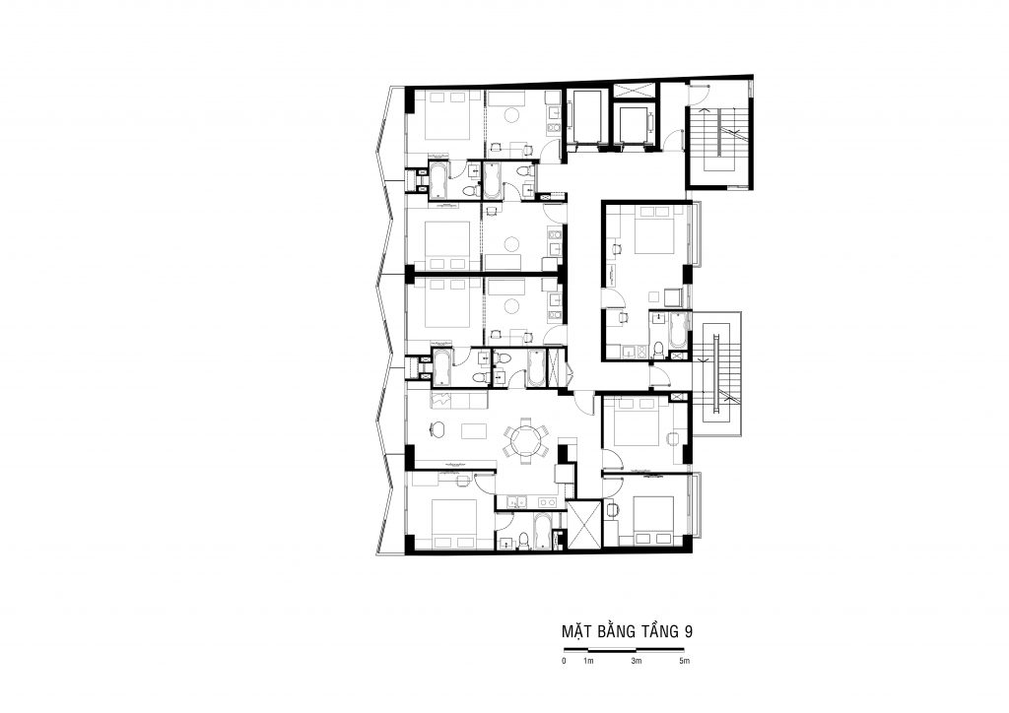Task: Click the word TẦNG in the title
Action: pyautogui.click(x=660, y=630)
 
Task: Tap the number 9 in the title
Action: pyautogui.click(x=689, y=631)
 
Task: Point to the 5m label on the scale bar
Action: pyautogui.click(x=684, y=661)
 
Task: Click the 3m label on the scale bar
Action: pyautogui.click(x=636, y=661)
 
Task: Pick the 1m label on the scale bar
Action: pyautogui.click(x=588, y=661)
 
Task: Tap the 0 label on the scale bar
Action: pyautogui.click(x=565, y=661)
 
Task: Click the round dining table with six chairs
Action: pyautogui.click(x=527, y=440)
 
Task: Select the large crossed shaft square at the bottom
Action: pyautogui.click(x=584, y=525)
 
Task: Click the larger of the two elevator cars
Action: pyautogui.click(x=587, y=119)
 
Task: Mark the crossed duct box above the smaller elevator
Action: pyautogui.click(x=635, y=92)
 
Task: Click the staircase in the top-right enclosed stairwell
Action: pyautogui.click(x=719, y=138)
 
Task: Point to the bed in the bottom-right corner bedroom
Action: pyautogui.click(x=654, y=519)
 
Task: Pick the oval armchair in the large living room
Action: pyautogui.click(x=437, y=427)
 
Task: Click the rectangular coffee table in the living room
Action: pyautogui.click(x=474, y=429)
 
